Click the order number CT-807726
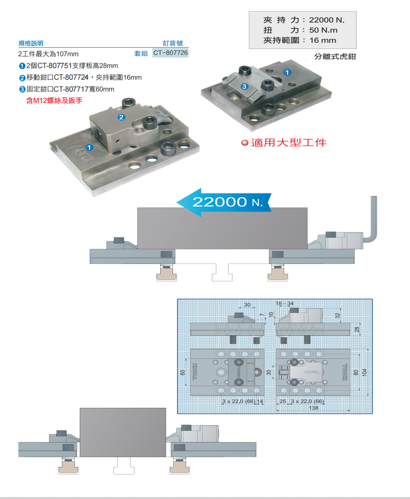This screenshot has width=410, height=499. click(170, 53)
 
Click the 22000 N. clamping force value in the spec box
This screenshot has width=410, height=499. click(327, 20)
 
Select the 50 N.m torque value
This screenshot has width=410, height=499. click(323, 30)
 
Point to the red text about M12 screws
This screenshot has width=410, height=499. click(54, 101)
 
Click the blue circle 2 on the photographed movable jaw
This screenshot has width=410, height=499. click(121, 118)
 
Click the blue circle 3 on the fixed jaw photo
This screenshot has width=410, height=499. click(244, 86)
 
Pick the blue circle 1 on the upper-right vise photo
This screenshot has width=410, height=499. click(287, 72)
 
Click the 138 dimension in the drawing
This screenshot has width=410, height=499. click(313, 408)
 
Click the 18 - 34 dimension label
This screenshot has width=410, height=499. click(285, 304)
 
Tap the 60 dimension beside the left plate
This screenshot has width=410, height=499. click(183, 372)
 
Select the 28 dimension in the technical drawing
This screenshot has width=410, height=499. click(357, 329)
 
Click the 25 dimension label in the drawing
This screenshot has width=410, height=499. click(282, 402)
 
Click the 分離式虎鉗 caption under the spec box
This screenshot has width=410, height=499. click(335, 57)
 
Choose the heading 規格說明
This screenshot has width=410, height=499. click(31, 43)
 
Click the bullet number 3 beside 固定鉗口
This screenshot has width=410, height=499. click(22, 89)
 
